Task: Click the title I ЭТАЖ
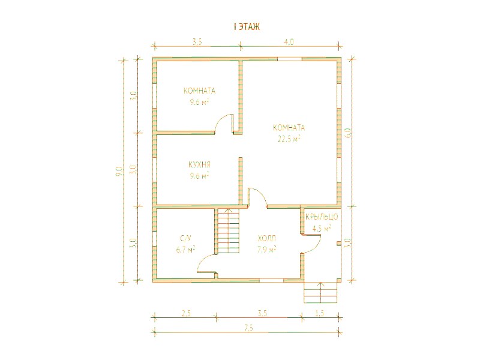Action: tap(247, 27)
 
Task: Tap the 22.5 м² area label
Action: tap(289, 139)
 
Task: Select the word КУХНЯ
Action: tap(199, 164)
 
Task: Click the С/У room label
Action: tap(186, 238)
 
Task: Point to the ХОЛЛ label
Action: tap(267, 238)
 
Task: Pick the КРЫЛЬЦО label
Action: tap(322, 217)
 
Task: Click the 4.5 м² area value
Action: tap(322, 228)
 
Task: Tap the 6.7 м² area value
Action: tap(186, 250)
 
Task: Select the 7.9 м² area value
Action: tap(267, 250)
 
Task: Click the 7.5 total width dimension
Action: tap(249, 328)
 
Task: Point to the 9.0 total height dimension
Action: tap(119, 171)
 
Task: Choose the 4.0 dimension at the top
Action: tap(289, 42)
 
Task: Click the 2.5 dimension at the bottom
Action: tap(186, 313)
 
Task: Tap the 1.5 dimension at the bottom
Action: tap(319, 313)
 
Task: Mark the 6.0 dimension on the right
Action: tap(348, 133)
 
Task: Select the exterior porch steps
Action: tap(321, 292)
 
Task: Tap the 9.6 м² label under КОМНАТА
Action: tap(199, 102)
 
